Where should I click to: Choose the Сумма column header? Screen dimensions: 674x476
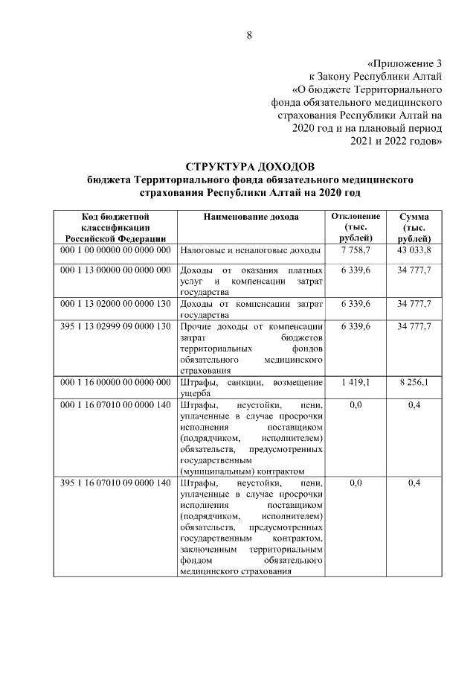click(x=414, y=216)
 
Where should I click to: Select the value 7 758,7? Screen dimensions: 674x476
click(x=355, y=251)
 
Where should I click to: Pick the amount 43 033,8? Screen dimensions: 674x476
click(x=414, y=251)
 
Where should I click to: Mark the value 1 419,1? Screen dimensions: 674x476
click(x=355, y=382)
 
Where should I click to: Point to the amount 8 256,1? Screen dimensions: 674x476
click(x=414, y=382)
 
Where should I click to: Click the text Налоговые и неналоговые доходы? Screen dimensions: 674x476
click(x=250, y=251)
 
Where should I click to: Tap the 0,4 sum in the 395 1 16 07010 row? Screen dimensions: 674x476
click(x=414, y=483)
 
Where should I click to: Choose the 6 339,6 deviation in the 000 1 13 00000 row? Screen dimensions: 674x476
click(x=355, y=270)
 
